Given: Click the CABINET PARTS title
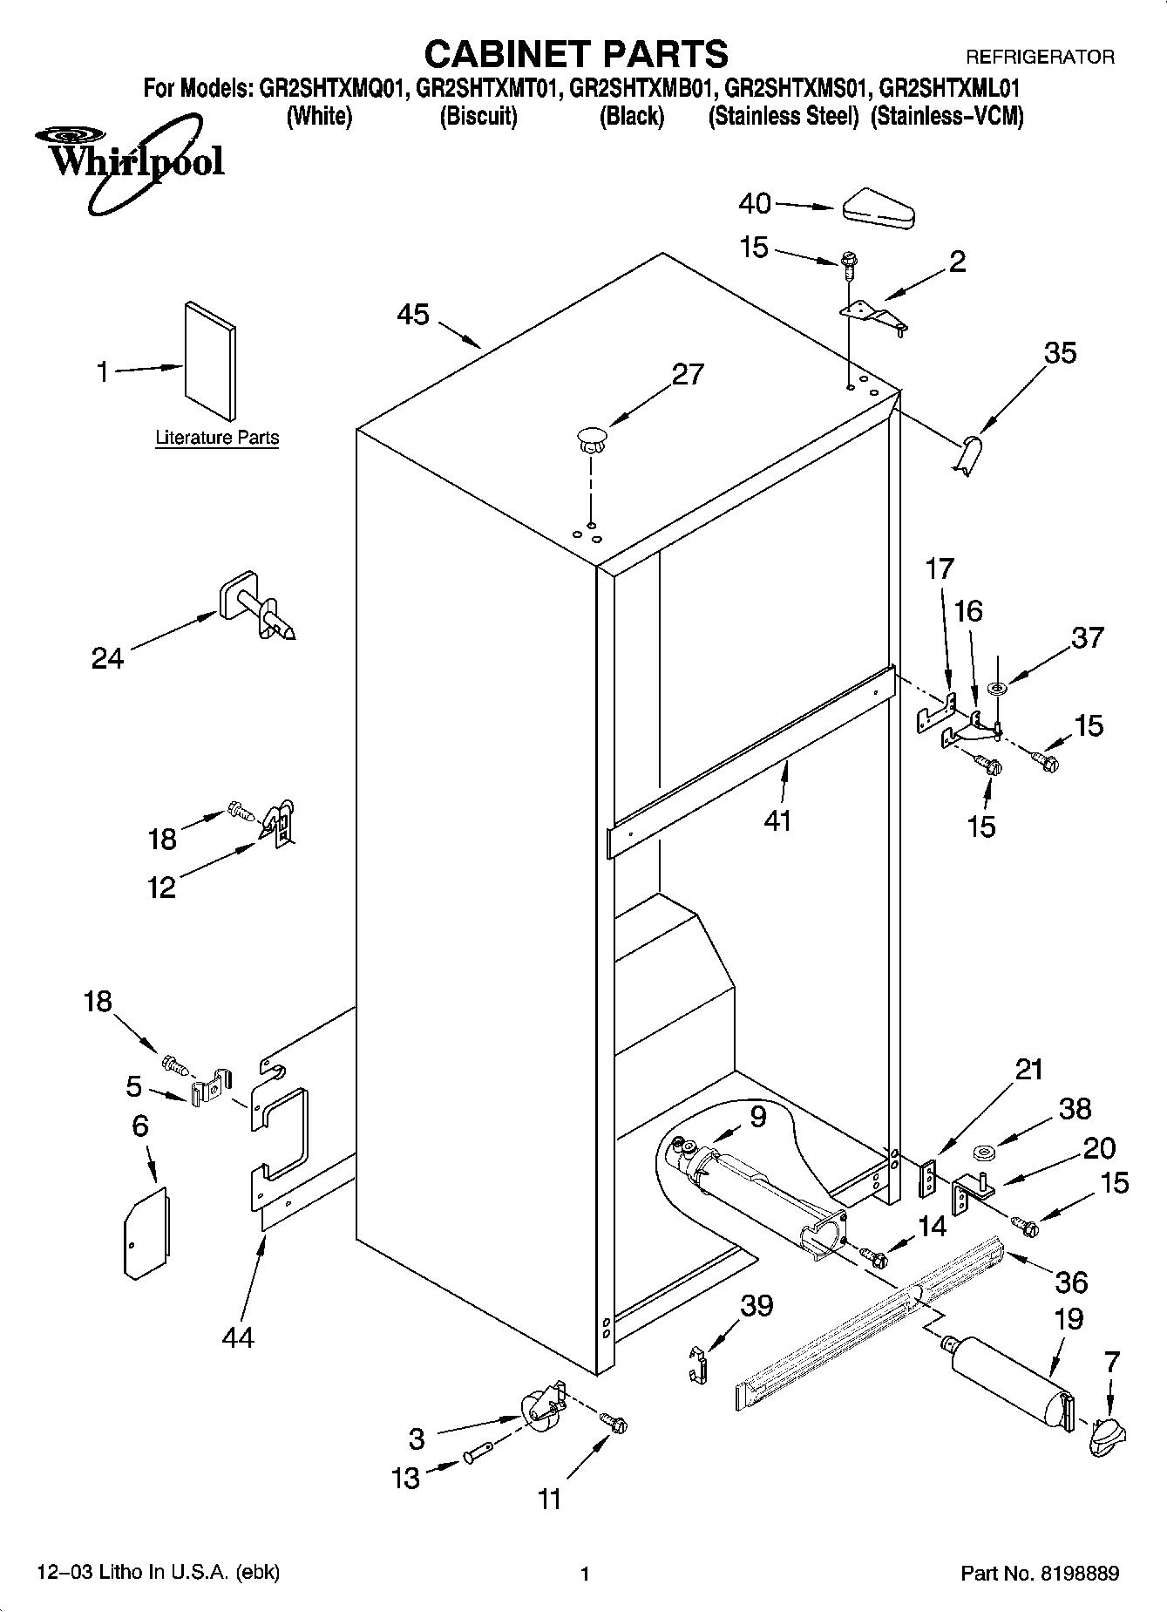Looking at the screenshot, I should [x=575, y=54].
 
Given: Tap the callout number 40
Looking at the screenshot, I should [x=755, y=203].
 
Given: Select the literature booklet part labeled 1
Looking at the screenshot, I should [x=210, y=360].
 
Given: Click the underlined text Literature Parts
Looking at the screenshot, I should [x=217, y=438].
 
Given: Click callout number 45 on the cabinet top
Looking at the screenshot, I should [x=413, y=314].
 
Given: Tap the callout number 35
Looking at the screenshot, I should [x=1060, y=353].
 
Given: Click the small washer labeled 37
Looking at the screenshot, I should [x=998, y=689].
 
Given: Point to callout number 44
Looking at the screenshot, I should [x=237, y=1336].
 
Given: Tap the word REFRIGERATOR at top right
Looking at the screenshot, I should [x=1039, y=58].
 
